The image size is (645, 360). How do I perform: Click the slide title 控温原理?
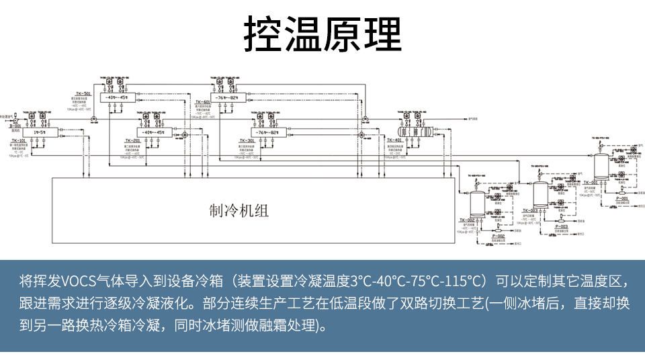322,33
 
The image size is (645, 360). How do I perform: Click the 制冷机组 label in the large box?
239,211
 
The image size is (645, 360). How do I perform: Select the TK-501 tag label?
83,93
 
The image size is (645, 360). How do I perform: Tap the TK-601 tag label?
203,102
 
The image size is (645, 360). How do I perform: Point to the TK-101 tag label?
18,140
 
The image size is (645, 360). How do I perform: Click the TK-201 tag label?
132,140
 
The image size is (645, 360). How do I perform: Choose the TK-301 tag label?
247,140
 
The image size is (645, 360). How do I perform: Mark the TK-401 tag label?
394,140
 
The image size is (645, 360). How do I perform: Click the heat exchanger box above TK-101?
39,132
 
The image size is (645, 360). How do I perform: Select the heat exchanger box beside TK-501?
117,98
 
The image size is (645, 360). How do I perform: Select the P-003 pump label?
562,227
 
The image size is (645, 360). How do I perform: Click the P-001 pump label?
621,198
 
